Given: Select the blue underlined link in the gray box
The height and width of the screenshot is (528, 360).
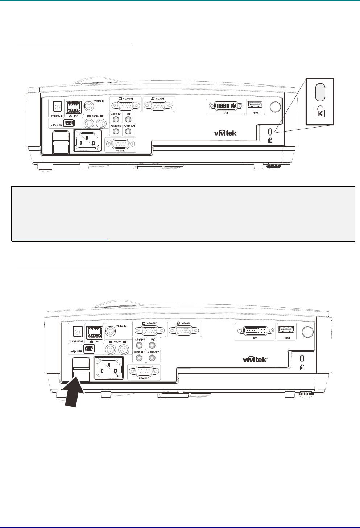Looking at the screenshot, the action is (60, 239).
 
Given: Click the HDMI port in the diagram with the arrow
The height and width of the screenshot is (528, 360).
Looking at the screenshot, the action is (286, 330).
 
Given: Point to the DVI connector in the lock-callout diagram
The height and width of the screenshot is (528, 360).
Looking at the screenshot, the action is (225, 106).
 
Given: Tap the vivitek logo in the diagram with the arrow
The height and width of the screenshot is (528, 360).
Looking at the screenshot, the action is (255, 359).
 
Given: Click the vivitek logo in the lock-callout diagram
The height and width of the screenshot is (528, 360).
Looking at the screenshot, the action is (226, 133).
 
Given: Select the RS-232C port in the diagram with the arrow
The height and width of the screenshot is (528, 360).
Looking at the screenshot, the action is (144, 371).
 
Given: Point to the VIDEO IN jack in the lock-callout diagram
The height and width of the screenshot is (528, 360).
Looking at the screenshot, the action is (88, 105).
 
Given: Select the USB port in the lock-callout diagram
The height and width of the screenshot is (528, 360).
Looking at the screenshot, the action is (69, 123).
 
